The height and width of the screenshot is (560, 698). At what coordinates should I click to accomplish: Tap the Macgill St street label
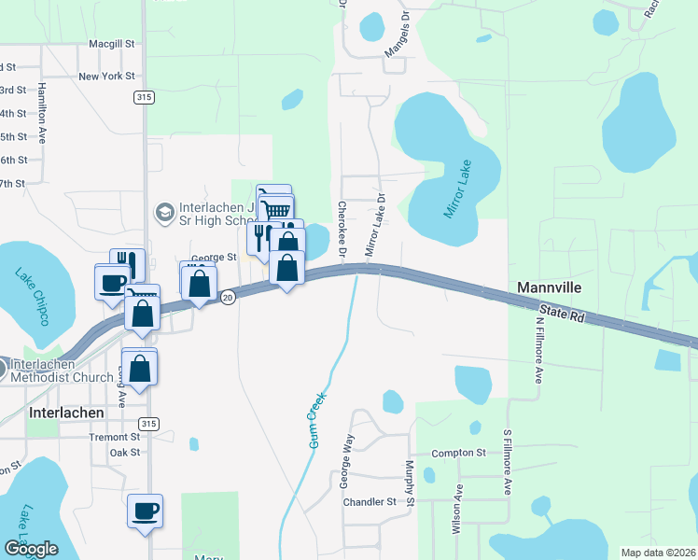tap(112, 44)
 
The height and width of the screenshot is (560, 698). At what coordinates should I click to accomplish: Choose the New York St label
tap(107, 77)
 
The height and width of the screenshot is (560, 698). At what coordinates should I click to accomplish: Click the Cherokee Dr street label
tap(342, 230)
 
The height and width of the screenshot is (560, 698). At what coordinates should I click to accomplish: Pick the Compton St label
tap(459, 454)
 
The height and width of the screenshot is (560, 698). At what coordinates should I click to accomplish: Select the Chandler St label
tap(370, 502)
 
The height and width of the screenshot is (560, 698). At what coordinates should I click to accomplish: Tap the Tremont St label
tap(114, 437)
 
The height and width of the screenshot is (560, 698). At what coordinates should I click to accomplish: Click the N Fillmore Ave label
tap(539, 350)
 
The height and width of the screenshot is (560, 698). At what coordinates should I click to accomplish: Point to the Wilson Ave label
tap(457, 509)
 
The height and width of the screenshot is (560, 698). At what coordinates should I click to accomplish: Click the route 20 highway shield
tap(228, 297)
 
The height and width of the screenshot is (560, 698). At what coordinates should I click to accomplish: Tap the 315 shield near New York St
tap(143, 97)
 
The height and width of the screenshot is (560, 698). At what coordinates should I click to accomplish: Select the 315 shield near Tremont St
tap(150, 424)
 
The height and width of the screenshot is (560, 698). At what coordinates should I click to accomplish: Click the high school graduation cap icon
tap(164, 213)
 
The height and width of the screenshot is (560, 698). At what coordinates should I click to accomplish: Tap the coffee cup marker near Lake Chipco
tap(112, 281)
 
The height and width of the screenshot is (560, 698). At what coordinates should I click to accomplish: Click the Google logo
tap(31, 549)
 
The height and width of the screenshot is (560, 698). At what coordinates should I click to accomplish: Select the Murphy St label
tap(410, 483)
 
